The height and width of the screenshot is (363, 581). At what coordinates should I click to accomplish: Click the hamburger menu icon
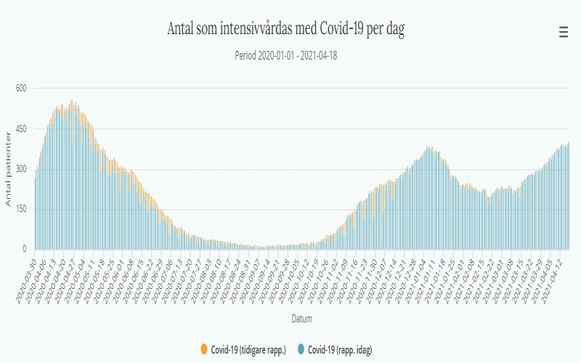(563, 32)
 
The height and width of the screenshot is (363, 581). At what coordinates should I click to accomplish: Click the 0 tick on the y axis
(23, 250)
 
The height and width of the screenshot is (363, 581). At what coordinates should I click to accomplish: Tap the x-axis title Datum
(301, 317)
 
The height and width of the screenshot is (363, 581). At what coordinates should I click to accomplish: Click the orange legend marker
(203, 350)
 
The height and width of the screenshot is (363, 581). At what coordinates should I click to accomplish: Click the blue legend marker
(301, 350)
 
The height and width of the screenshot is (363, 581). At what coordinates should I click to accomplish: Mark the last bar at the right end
(568, 196)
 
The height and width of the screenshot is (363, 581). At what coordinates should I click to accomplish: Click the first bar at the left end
(35, 214)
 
